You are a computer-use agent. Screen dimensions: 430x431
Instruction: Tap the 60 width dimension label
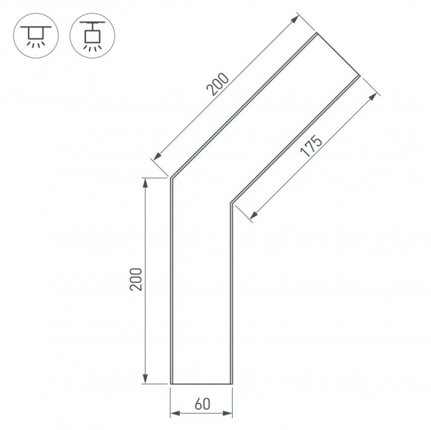[x=202, y=402]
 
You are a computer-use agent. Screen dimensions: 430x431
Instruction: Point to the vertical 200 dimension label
[x=135, y=280]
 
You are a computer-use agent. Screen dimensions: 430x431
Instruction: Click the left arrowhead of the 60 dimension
[x=174, y=414]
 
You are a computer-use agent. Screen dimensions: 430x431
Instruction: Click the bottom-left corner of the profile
[x=171, y=384]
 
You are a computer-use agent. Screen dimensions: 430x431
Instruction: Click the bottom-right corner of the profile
[x=232, y=384]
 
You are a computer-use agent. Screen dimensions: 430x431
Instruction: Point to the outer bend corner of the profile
[x=171, y=178]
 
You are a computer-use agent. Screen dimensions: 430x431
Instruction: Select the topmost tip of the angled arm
[x=316, y=33]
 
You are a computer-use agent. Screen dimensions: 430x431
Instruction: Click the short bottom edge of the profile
[x=202, y=384]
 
